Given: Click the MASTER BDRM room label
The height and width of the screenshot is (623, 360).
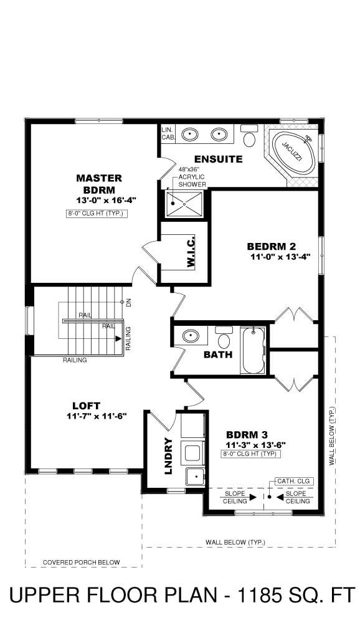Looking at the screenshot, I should pyautogui.click(x=99, y=183).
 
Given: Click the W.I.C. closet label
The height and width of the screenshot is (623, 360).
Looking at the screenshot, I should pyautogui.click(x=191, y=252).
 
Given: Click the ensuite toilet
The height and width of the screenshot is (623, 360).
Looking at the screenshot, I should pyautogui.click(x=250, y=136).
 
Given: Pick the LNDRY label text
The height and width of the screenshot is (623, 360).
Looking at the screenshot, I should pyautogui.click(x=168, y=457).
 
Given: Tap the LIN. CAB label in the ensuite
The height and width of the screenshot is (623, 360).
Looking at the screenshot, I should pyautogui.click(x=167, y=134).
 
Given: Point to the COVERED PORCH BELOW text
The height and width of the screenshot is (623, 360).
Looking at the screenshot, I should pyautogui.click(x=81, y=563).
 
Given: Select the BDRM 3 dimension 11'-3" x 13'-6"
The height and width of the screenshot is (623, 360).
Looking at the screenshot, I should pyautogui.click(x=253, y=445).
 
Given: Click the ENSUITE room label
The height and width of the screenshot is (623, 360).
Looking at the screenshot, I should pyautogui.click(x=217, y=159).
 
